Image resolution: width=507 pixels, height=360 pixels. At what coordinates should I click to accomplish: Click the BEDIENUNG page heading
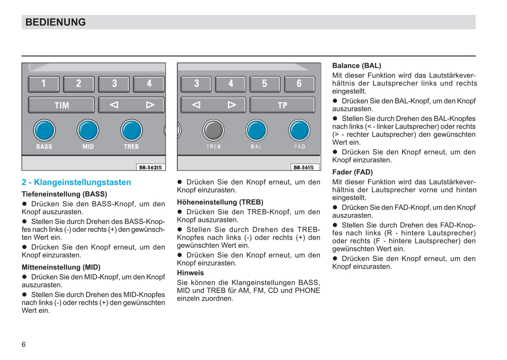click(x=55, y=22)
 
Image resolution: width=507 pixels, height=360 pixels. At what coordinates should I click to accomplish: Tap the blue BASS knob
click(x=44, y=130)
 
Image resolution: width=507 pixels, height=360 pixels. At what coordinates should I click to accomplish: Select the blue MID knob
click(x=88, y=130)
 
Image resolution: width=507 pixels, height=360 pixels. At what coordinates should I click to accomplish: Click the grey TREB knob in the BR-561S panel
click(x=213, y=130)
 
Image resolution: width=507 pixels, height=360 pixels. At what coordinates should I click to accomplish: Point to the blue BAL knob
click(x=256, y=130)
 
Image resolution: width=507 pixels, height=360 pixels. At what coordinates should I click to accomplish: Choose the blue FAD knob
click(x=299, y=130)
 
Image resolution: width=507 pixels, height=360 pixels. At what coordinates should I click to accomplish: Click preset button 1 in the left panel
click(x=44, y=84)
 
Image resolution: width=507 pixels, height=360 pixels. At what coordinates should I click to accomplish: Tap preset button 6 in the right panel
click(x=299, y=84)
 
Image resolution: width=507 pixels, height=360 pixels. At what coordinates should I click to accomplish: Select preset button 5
click(x=265, y=84)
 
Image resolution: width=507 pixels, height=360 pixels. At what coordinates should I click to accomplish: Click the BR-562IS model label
click(x=151, y=167)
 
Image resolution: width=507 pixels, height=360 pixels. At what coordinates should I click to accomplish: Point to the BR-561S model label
click(x=304, y=167)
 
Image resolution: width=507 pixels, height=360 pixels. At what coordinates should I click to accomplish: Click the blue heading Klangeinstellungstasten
click(x=76, y=182)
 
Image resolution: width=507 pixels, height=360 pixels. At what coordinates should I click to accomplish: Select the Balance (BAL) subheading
click(x=356, y=66)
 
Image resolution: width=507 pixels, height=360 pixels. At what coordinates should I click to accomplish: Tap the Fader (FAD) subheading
click(x=352, y=172)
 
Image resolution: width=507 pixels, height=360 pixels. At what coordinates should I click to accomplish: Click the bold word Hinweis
click(x=190, y=273)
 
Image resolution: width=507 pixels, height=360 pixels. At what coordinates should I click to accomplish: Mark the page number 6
click(x=24, y=344)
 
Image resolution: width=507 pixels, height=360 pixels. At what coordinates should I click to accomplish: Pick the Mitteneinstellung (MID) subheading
click(x=61, y=267)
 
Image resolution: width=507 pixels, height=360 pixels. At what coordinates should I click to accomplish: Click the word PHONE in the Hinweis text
click(x=307, y=291)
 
